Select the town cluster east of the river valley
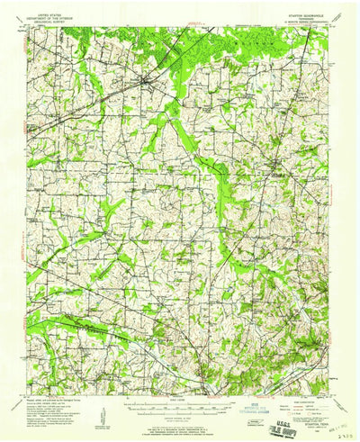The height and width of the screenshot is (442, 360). point(276,164)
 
